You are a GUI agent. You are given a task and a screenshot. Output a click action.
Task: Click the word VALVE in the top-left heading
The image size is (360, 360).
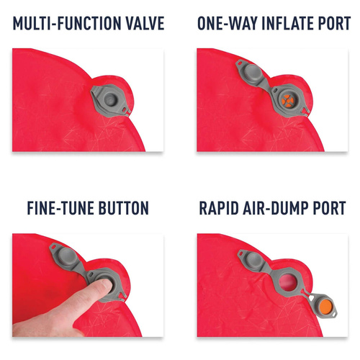point(145,23)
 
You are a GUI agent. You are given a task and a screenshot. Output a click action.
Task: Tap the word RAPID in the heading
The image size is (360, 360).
point(219,208)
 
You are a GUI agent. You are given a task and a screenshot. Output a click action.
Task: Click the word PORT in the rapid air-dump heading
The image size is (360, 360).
point(329,208)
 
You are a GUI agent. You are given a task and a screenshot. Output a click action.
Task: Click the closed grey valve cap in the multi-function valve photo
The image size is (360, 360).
point(110,99)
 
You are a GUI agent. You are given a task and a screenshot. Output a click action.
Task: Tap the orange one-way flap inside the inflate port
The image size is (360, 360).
point(287,101)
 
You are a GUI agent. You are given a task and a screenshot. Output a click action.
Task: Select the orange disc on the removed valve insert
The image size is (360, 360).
point(326,306)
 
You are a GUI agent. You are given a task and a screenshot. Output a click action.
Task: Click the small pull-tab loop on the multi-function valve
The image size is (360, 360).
point(125,110)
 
